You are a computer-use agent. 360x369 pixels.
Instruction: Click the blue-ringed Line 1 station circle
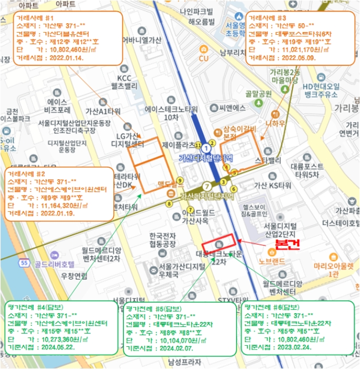[207, 150]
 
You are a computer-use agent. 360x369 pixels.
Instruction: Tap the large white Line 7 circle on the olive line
[207, 186]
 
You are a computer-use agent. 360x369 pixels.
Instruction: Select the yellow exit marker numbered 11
[198, 144]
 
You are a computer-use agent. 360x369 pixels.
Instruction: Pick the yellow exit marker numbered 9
[180, 180]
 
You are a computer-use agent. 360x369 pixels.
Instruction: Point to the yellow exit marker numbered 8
[169, 203]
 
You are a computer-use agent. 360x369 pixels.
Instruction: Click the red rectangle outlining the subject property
[219, 242]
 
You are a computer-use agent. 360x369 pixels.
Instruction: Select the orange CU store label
[204, 58]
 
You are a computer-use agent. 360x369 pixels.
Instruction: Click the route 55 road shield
[24, 262]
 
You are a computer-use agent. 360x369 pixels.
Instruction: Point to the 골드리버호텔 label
[54, 263]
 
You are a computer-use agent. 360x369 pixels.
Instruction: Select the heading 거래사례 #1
[34, 18]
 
